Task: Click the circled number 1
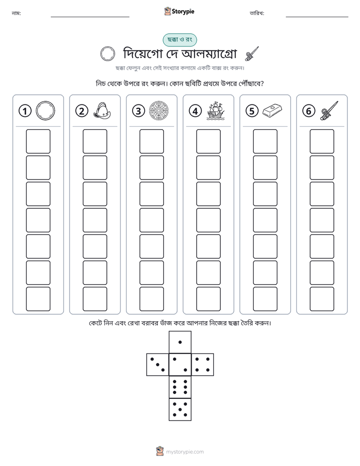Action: [25, 111]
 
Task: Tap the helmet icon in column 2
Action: [102, 111]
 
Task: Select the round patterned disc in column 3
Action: [159, 111]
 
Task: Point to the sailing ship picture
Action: [216, 111]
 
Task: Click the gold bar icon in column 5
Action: [272, 110]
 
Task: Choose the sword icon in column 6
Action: [329, 110]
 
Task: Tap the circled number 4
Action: [195, 111]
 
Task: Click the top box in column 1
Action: [38, 141]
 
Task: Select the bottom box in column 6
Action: [322, 299]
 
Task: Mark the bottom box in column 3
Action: [152, 299]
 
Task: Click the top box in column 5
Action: [265, 141]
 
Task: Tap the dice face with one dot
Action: [180, 342]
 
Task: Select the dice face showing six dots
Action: [180, 387]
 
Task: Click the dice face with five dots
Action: [180, 409]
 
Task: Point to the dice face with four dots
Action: [203, 365]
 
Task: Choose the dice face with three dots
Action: [158, 365]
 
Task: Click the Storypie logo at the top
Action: [179, 11]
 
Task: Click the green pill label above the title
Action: [179, 40]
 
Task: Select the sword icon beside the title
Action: [252, 54]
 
